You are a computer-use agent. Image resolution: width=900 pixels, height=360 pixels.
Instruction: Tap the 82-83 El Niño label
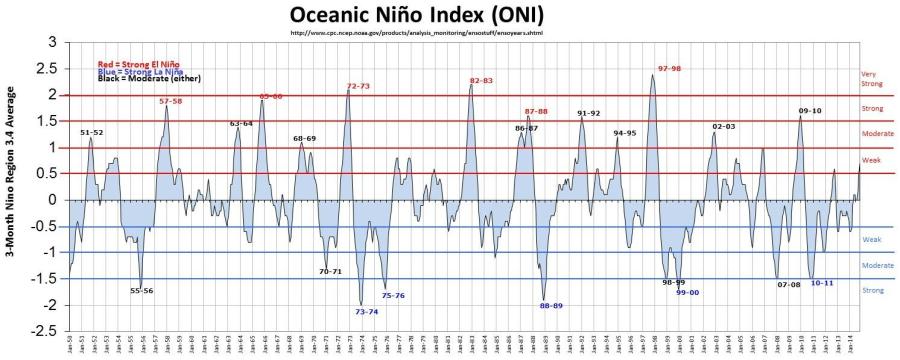[481, 80]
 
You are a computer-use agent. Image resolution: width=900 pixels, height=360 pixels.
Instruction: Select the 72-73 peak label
[358, 86]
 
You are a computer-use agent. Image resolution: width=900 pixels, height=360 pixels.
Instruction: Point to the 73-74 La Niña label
[366, 312]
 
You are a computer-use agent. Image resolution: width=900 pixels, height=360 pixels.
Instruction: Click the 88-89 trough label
[551, 306]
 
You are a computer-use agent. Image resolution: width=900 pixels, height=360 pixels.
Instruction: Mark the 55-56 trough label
[142, 291]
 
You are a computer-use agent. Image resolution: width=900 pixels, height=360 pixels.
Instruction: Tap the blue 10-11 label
[822, 283]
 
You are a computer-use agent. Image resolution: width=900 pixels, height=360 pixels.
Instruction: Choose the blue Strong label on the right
[871, 290]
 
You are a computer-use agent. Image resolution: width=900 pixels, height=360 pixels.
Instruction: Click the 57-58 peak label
[171, 101]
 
